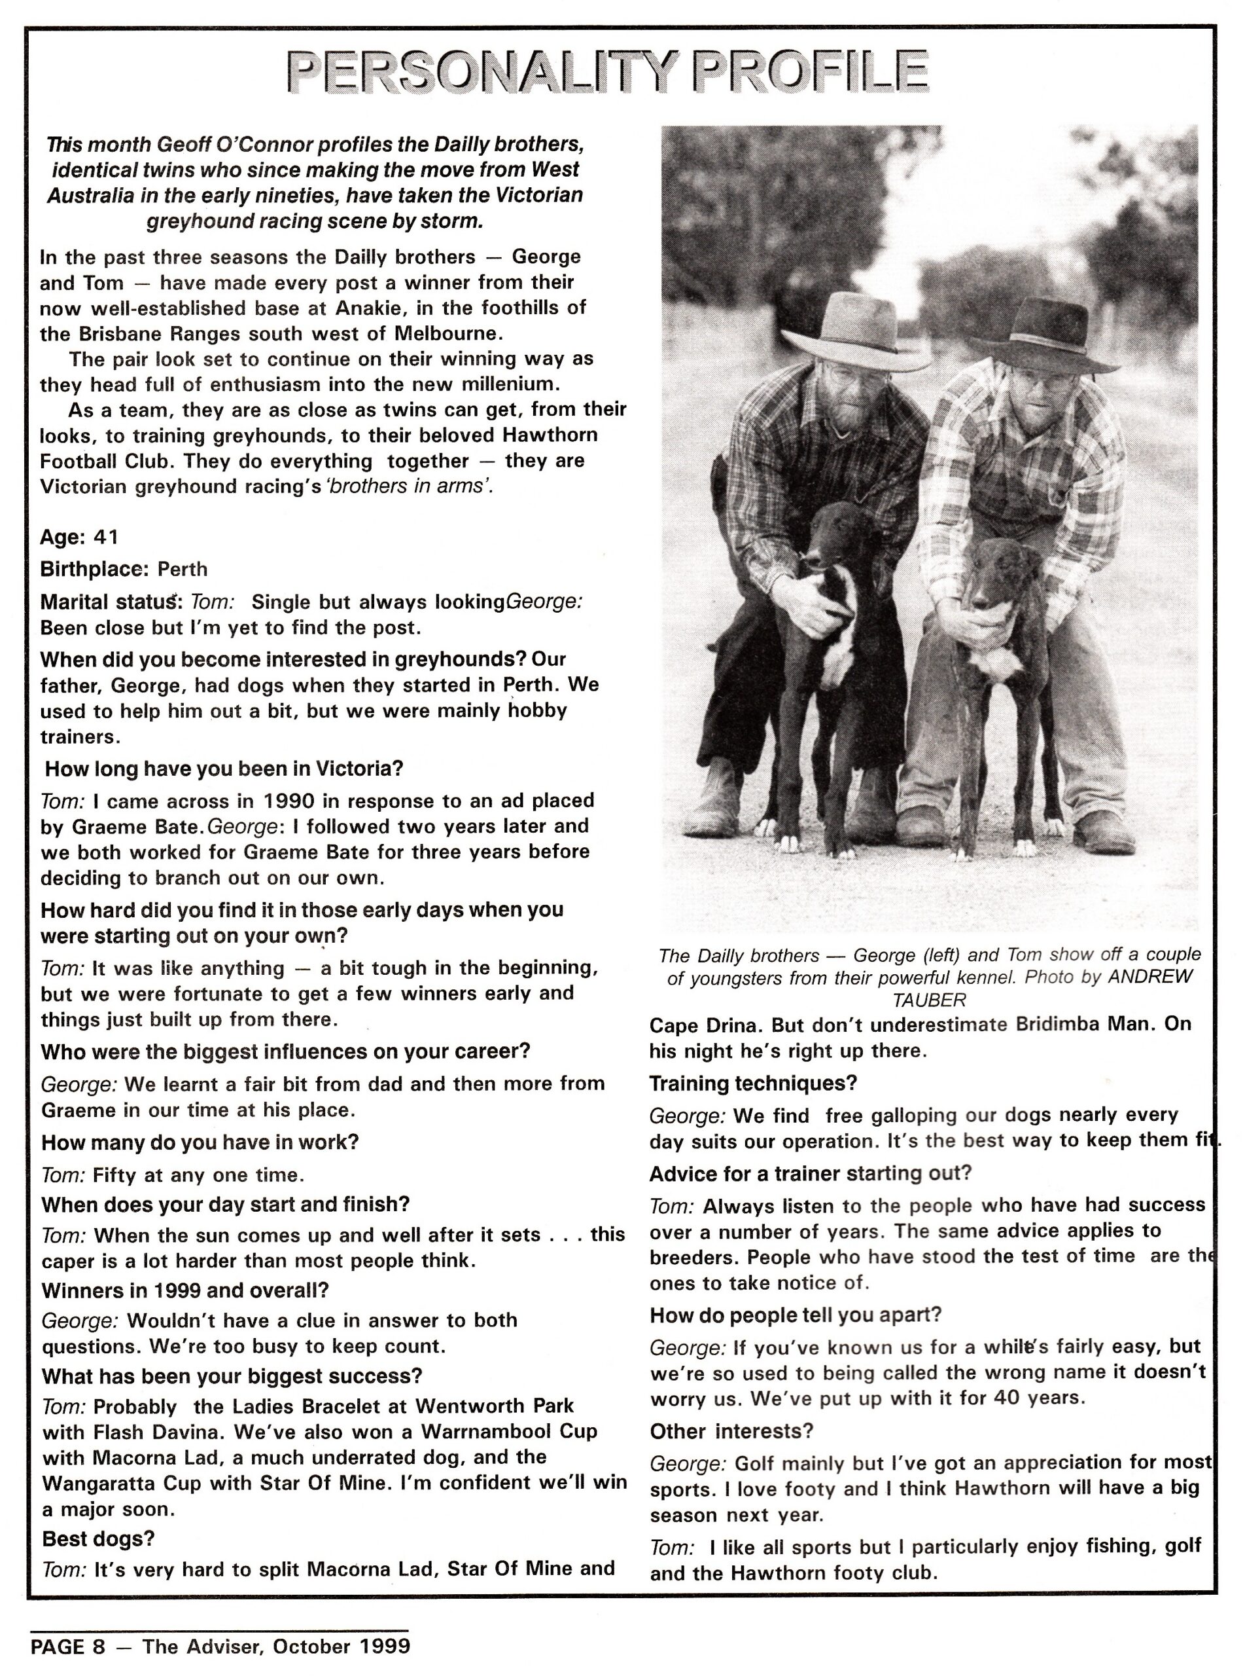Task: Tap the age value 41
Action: click(x=105, y=537)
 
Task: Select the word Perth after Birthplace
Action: click(x=183, y=569)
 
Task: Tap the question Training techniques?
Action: click(x=753, y=1084)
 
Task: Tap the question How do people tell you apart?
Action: click(x=796, y=1315)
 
